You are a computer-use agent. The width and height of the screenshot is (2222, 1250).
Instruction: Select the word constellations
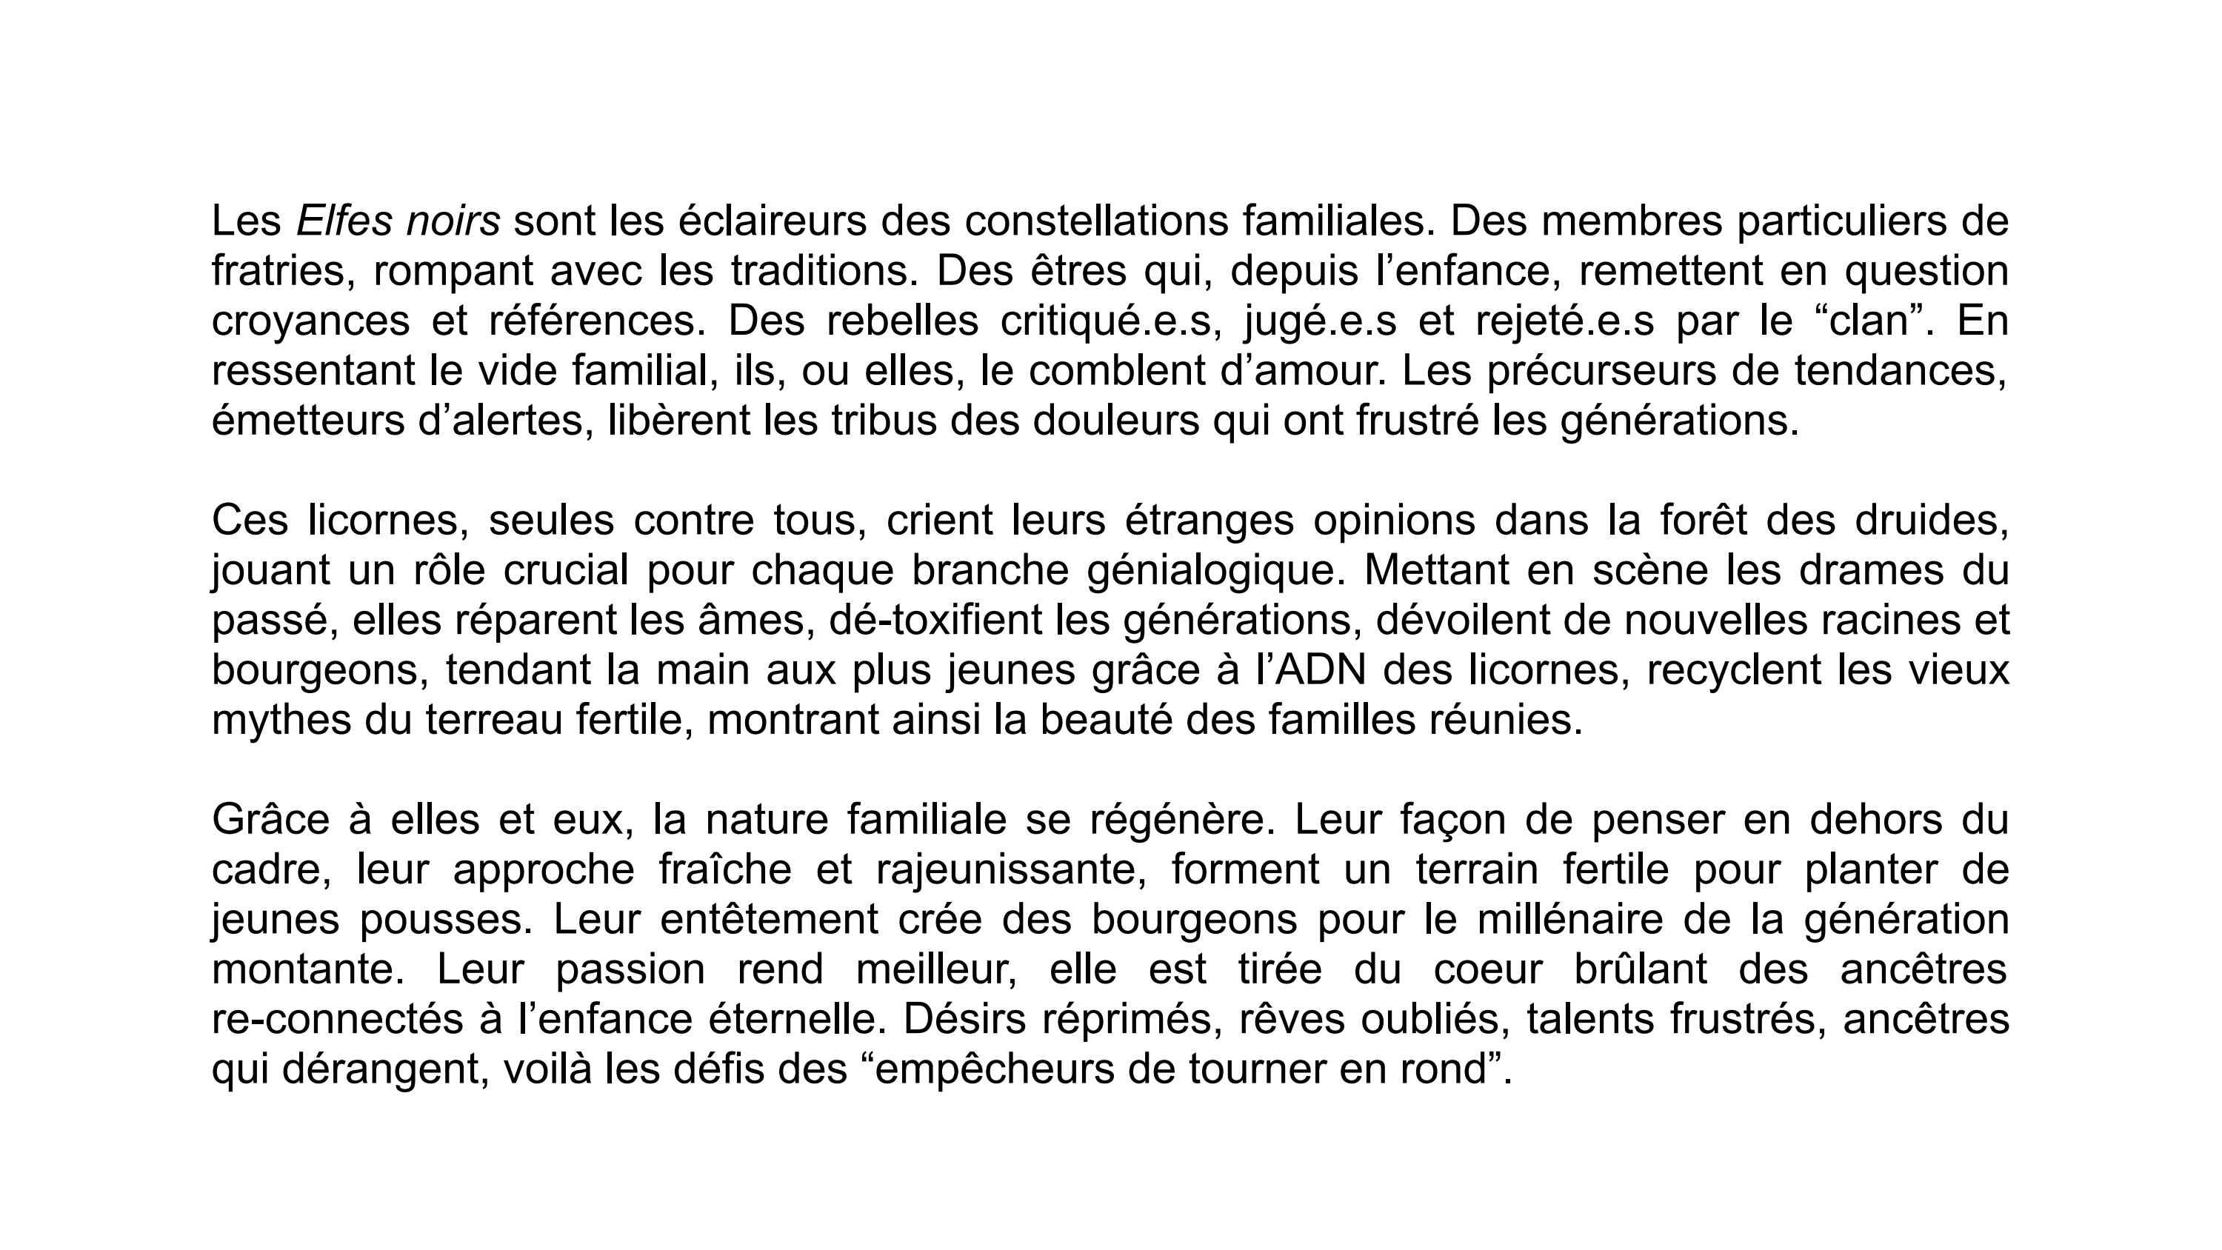(x=1096, y=221)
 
